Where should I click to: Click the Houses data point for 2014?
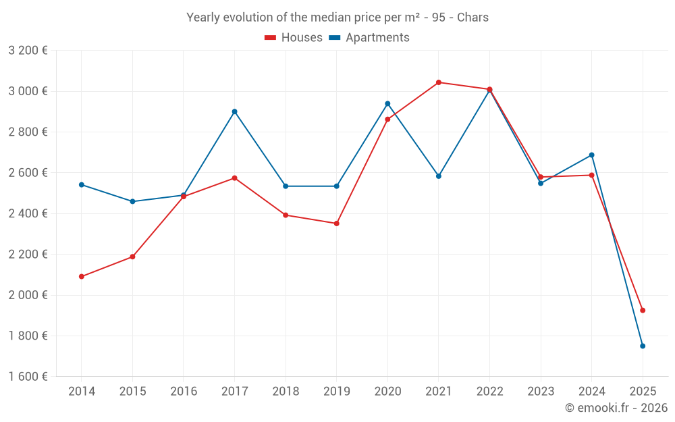[82, 276]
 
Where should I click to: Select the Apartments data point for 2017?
[234, 111]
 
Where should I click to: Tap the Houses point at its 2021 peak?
[439, 82]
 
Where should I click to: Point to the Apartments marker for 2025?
[643, 346]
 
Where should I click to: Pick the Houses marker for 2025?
[643, 310]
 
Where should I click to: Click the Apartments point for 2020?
[387, 103]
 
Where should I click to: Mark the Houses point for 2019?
[337, 223]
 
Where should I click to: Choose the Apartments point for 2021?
[439, 176]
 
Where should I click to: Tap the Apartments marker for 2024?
[592, 155]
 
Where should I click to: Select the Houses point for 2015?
[132, 257]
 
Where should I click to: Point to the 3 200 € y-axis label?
[28, 50]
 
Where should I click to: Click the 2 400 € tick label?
[28, 213]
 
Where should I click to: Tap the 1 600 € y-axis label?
[28, 377]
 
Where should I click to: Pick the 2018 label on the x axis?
[286, 392]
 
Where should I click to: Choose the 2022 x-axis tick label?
[489, 392]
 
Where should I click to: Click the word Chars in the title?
[473, 18]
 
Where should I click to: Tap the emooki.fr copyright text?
[616, 408]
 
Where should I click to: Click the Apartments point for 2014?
[82, 184]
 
